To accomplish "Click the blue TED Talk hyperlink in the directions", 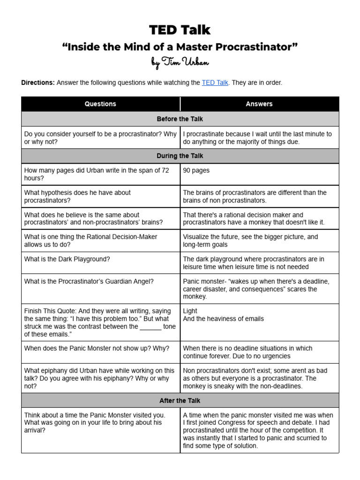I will [x=215, y=82].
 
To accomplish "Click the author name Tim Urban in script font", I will [x=180, y=62].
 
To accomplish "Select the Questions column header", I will [x=100, y=104].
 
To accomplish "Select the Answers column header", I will [x=259, y=104].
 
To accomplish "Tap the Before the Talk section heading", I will [x=180, y=119].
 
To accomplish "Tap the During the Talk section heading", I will [x=180, y=156].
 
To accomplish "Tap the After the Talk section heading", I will [x=180, y=400].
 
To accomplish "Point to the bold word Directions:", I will [x=38, y=82].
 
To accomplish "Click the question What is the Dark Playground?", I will [x=67, y=259].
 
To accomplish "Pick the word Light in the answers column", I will [x=190, y=311].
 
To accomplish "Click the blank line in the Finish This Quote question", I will [x=150, y=327].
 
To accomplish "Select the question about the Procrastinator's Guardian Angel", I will [x=89, y=281].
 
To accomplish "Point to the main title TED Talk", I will [x=180, y=30].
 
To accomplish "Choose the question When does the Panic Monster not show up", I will [x=97, y=348].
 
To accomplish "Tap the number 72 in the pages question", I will [x=165, y=171].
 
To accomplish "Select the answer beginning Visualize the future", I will [x=250, y=240].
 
